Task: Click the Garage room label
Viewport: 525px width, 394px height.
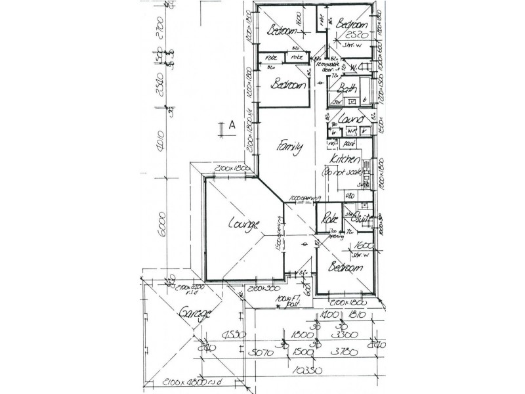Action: (195, 314)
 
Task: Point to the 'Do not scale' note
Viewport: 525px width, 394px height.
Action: (340, 173)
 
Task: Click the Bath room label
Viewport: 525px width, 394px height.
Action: (348, 89)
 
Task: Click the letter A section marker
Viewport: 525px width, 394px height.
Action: (232, 125)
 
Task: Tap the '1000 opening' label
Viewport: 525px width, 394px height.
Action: (304, 198)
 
